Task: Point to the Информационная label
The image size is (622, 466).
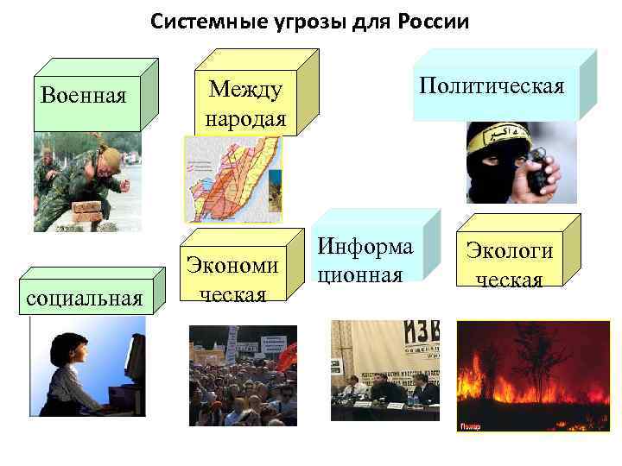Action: pos(363,259)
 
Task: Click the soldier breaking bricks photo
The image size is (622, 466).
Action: pos(86,181)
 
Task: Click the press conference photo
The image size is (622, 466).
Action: pos(384,371)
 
